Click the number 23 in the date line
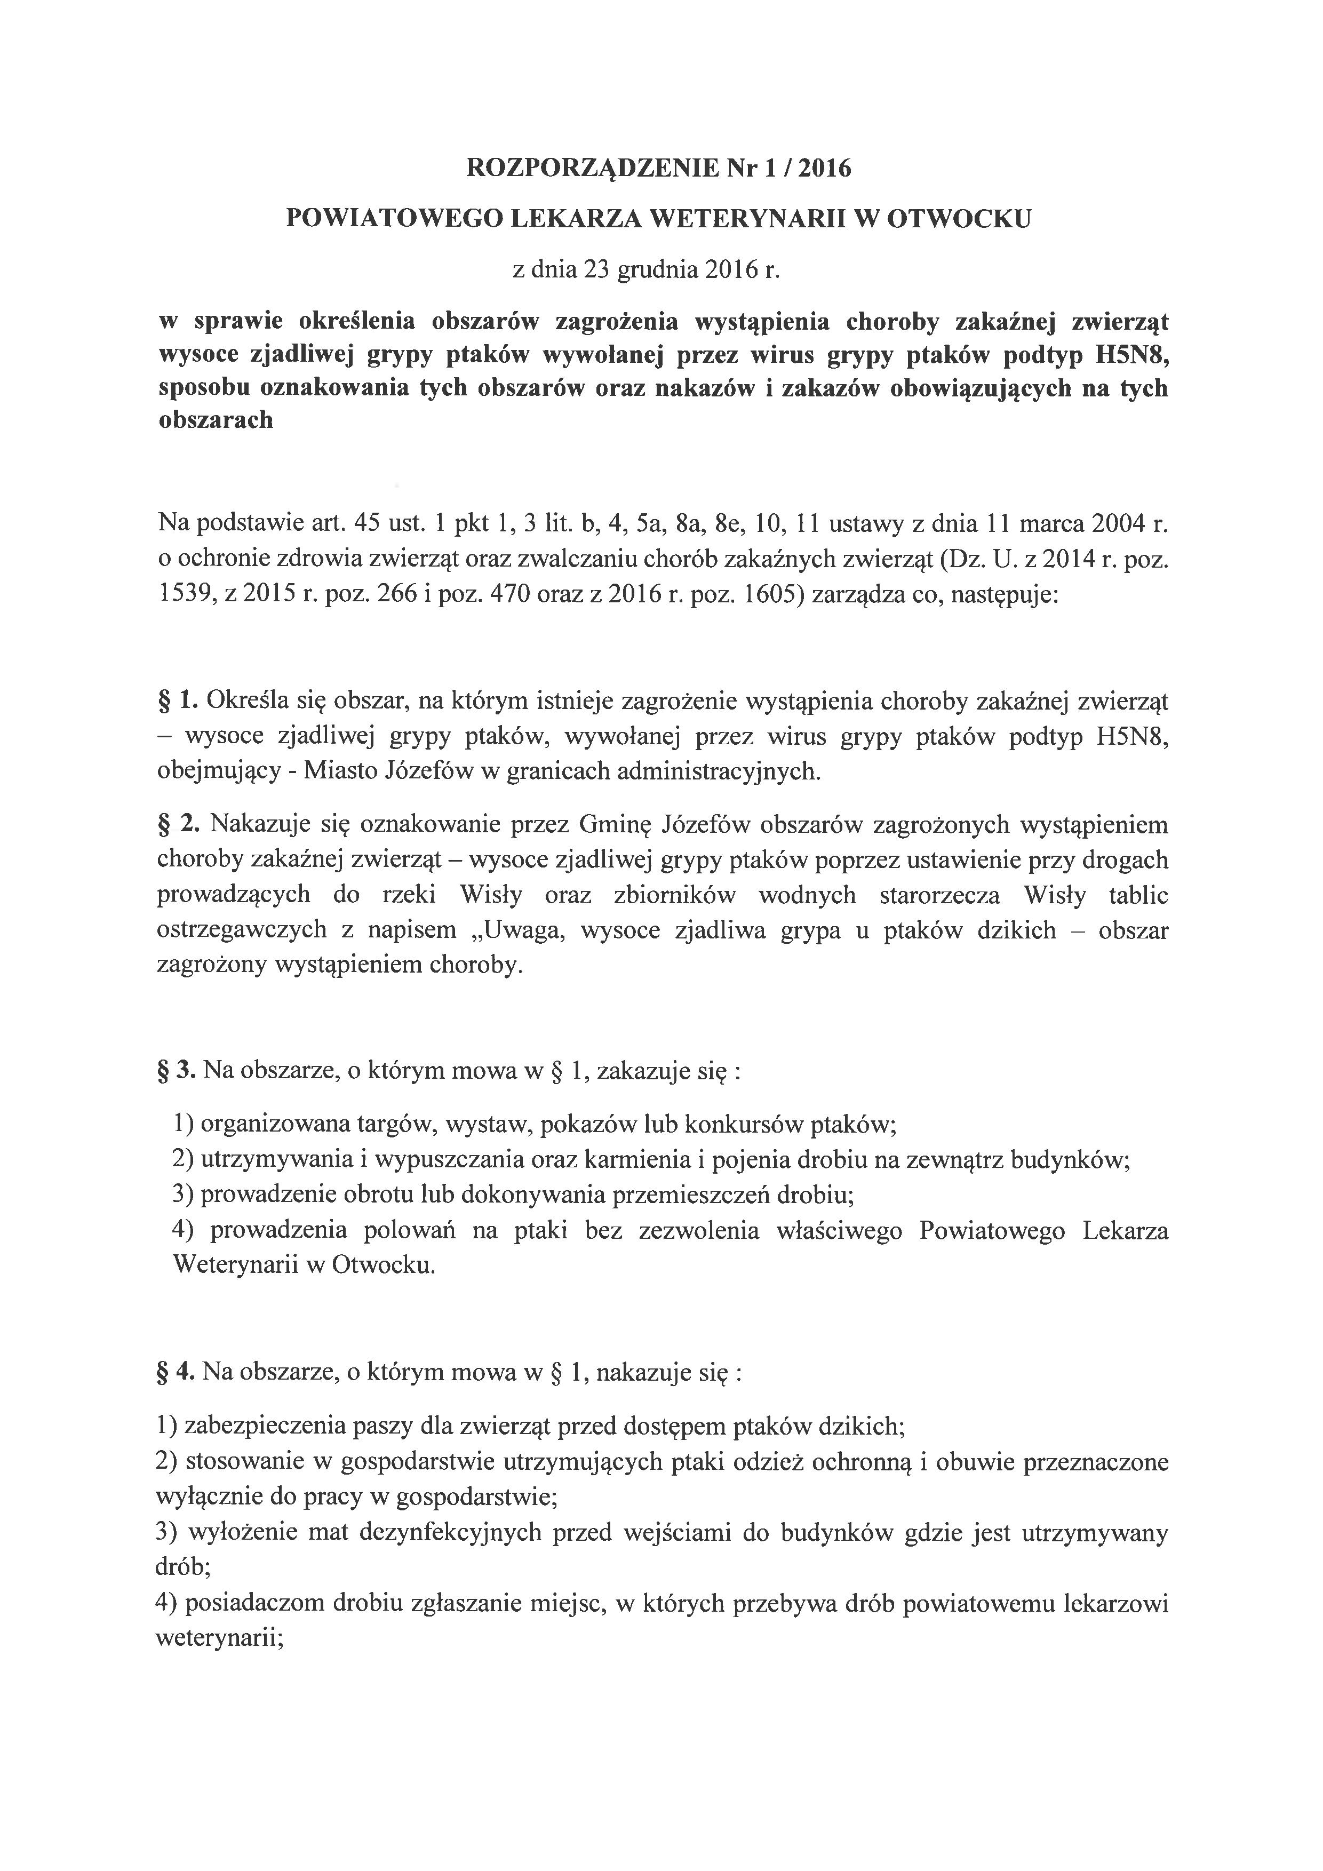pyautogui.click(x=597, y=270)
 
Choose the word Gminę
pyautogui.click(x=616, y=825)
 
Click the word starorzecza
pyautogui.click(x=940, y=896)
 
